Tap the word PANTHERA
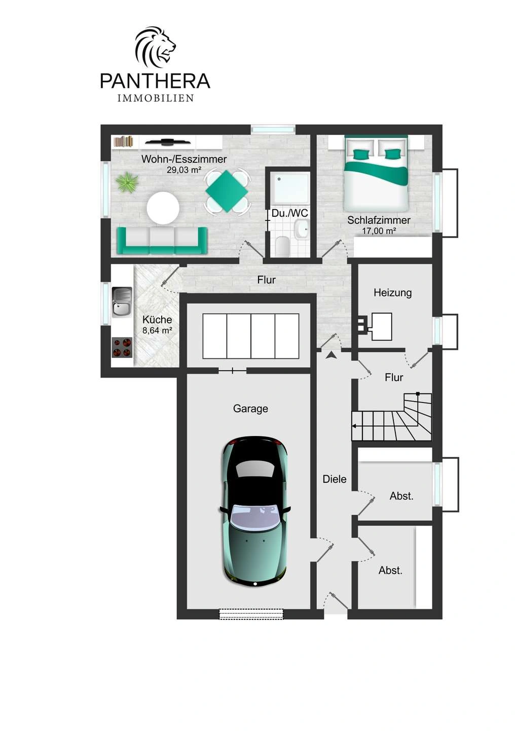pyautogui.click(x=155, y=81)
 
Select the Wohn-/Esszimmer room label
pyautogui.click(x=184, y=159)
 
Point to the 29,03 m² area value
pyautogui.click(x=184, y=170)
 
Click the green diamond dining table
pyautogui.click(x=227, y=191)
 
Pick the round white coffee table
pyautogui.click(x=163, y=208)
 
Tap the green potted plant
pyautogui.click(x=127, y=182)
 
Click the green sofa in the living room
pyautogui.click(x=162, y=241)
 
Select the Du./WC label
pyautogui.click(x=289, y=213)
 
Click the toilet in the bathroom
pyautogui.click(x=282, y=246)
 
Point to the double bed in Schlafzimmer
pyautogui.click(x=376, y=174)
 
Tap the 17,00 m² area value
pyautogui.click(x=379, y=231)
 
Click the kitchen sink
pyautogui.click(x=122, y=302)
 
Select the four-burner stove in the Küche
pyautogui.click(x=122, y=348)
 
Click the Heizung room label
pyautogui.click(x=392, y=292)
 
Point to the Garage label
pyautogui.click(x=250, y=409)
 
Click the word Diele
pyautogui.click(x=334, y=479)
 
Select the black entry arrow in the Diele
pyautogui.click(x=331, y=355)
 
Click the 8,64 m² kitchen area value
pyautogui.click(x=157, y=330)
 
